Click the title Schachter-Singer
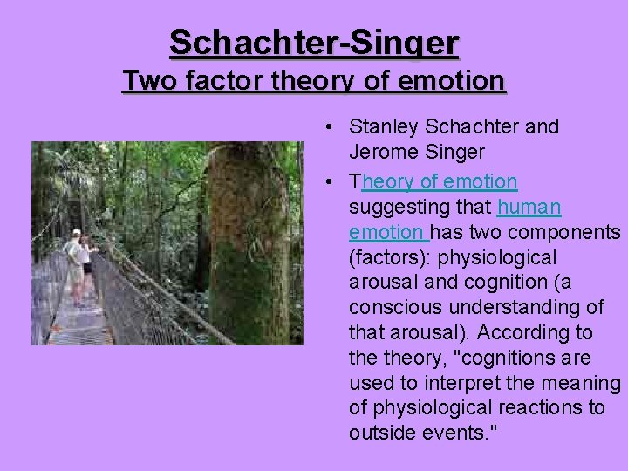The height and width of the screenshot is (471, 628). click(x=314, y=42)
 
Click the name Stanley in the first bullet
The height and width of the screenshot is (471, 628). click(x=379, y=126)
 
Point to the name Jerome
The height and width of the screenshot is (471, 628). click(x=379, y=152)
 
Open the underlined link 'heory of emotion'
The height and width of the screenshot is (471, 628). click(x=439, y=181)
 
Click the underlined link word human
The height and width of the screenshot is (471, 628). click(x=529, y=207)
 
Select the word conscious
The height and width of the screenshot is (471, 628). click(x=391, y=308)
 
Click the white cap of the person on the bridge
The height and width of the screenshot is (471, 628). click(x=76, y=233)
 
